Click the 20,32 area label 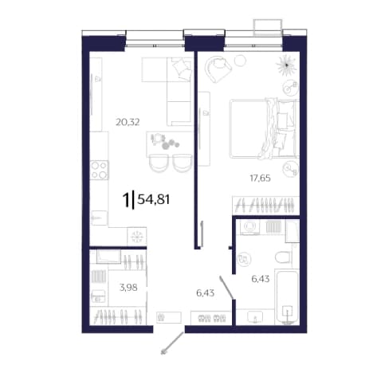pos(128,122)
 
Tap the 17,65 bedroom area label pos(260,178)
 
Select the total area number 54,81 pos(153,199)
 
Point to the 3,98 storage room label pos(128,287)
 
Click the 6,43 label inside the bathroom pos(261,279)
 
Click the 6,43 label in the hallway pos(205,293)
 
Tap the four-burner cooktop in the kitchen pos(99,170)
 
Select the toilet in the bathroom pos(284,257)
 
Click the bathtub pos(288,296)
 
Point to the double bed pos(265,128)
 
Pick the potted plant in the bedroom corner pos(286,65)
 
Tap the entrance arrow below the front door pos(172,343)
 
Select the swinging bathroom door pos(226,288)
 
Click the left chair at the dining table pos(159,163)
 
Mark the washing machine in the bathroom pos(249,226)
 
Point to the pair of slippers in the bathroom pos(243,259)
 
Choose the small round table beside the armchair pos(240,61)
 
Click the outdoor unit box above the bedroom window pos(267,27)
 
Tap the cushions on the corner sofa pos(182,69)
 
